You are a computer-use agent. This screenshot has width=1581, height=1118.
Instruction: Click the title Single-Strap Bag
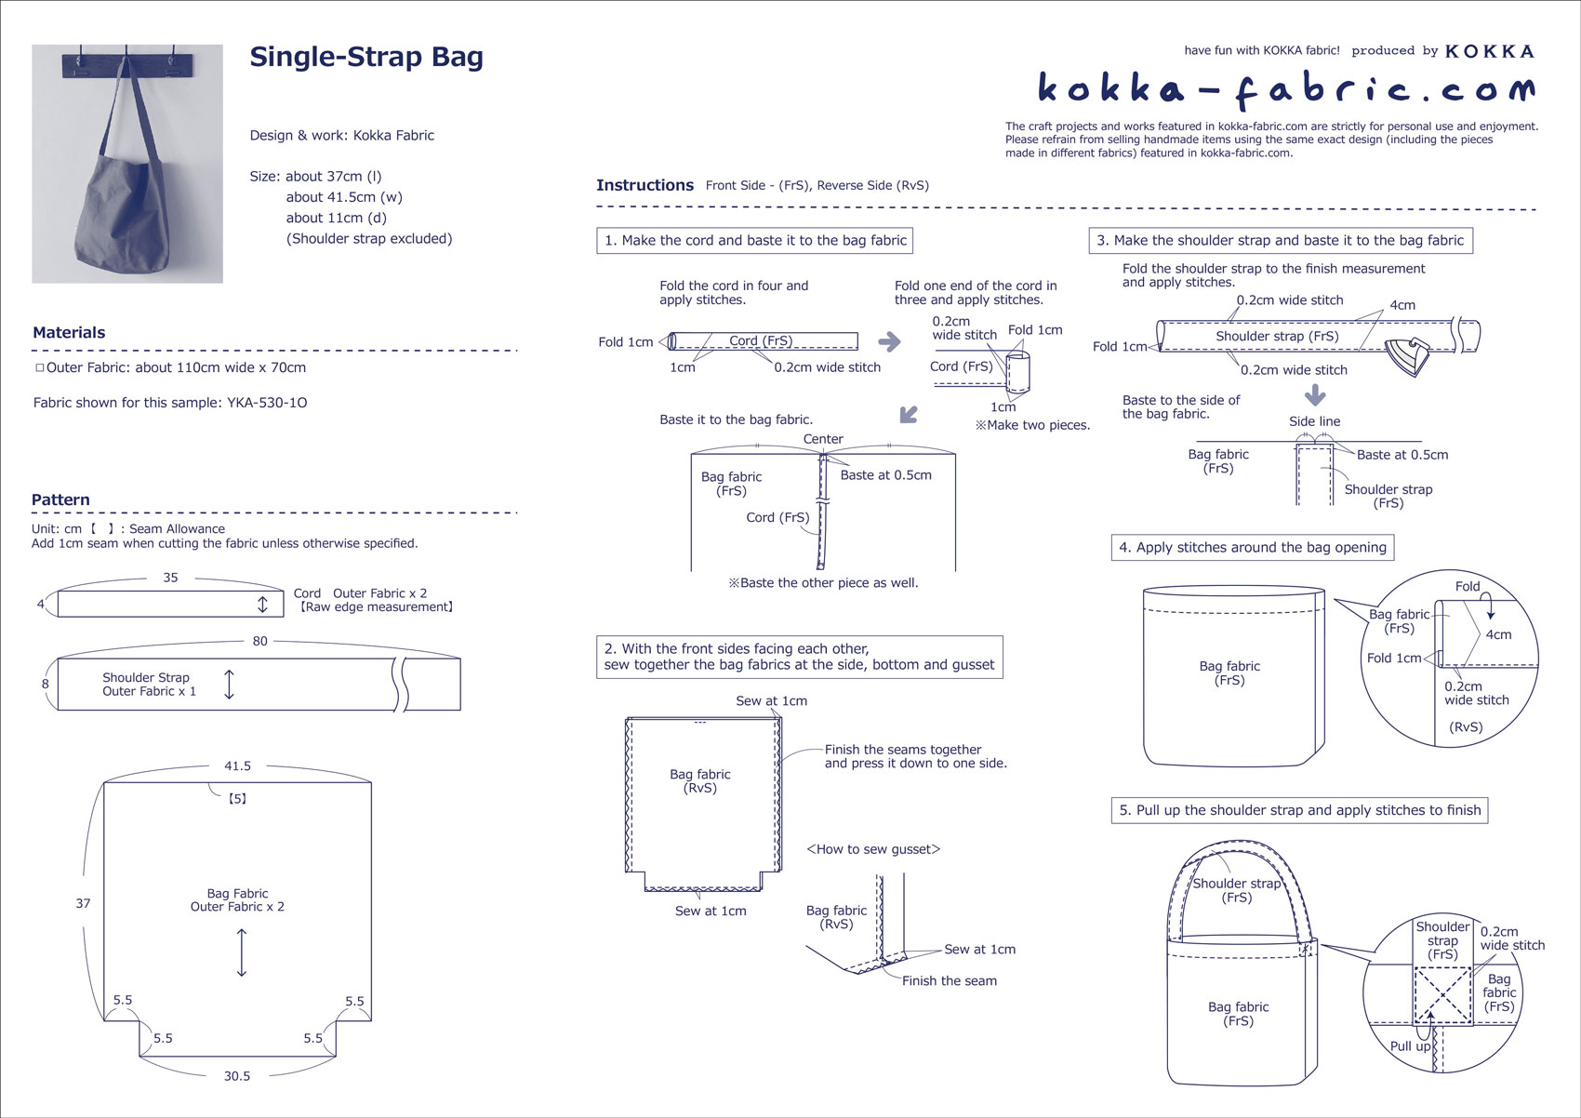pos(366,57)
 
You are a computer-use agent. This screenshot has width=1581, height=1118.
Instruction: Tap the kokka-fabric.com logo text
pos(1285,88)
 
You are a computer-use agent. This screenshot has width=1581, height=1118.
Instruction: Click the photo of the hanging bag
pos(127,164)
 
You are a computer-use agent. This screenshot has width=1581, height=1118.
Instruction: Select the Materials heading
pos(69,332)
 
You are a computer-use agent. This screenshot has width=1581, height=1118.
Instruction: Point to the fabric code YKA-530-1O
pos(267,403)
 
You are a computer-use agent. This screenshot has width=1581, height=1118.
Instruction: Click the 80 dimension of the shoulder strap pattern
pos(259,641)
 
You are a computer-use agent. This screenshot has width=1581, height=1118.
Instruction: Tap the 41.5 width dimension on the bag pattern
pos(237,765)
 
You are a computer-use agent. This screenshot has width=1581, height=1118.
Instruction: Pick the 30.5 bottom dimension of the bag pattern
pos(236,1075)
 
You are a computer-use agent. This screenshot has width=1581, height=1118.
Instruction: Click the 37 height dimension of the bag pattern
pos(83,903)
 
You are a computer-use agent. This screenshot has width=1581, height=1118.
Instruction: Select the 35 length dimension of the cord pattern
pos(170,578)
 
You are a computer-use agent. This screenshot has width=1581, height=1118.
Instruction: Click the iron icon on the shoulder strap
pos(1409,356)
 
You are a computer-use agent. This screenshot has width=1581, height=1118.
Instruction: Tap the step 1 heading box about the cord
pos(754,240)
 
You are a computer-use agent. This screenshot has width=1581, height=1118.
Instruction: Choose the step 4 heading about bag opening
pos(1252,547)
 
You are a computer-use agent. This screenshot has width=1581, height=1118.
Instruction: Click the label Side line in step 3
pos(1314,421)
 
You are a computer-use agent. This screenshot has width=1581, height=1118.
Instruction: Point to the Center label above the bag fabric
pos(823,439)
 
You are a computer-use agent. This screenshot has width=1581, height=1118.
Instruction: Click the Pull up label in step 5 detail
pos(1410,1045)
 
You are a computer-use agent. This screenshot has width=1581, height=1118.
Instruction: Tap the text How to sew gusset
pos(873,849)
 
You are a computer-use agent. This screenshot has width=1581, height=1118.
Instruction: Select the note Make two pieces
pos(1032,425)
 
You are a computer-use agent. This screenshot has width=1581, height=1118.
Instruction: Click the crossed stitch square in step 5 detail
pos(1442,996)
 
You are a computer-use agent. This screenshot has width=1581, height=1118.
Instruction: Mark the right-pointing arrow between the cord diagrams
pos(889,341)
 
